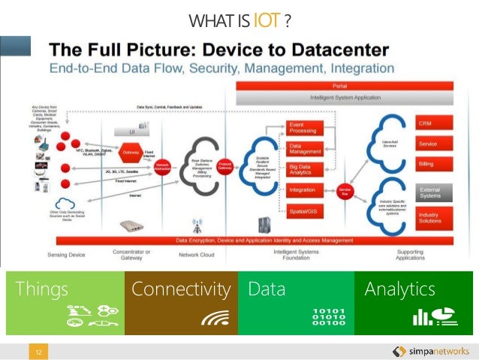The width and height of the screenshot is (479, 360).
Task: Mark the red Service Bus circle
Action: [345, 190]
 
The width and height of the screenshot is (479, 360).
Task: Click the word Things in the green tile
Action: [42, 289]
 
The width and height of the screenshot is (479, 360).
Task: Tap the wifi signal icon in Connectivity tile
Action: [215, 318]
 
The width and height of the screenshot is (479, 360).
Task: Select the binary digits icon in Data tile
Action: [329, 316]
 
